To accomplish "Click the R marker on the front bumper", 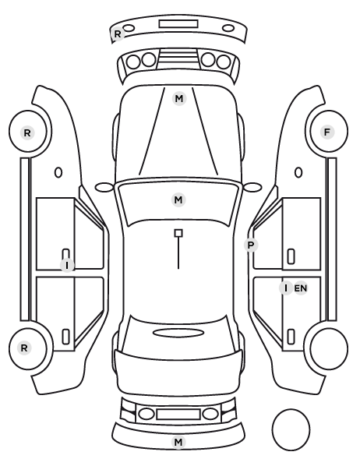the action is (118, 34).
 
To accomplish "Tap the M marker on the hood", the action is (179, 99).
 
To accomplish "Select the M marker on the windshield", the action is (178, 199).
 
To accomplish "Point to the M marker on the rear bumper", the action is (178, 442).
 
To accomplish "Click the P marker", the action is (251, 245).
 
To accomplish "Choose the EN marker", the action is (301, 288).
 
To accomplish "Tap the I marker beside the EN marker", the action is (286, 288).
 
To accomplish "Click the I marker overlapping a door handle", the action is (67, 265).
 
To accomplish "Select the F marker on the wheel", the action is (327, 132).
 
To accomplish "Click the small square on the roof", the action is (178, 233).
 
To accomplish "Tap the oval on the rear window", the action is (178, 334).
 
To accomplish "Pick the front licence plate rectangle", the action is (178, 24).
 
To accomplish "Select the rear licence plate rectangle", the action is (178, 414).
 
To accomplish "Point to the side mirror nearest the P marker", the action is (252, 187).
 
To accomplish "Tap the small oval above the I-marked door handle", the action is (58, 172).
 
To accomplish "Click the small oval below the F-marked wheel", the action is (298, 172).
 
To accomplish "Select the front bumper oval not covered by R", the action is (228, 28).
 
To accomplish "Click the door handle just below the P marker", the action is (291, 256).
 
